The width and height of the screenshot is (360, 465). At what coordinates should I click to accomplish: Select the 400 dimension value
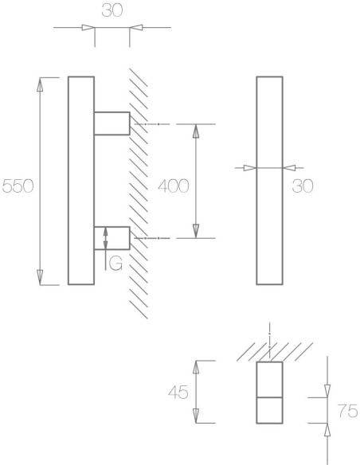(x=172, y=186)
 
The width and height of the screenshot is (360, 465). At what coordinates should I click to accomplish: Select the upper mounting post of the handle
(x=112, y=124)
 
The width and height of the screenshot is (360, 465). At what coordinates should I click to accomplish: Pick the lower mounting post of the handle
(x=112, y=237)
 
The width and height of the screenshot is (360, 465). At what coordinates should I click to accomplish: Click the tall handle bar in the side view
(x=81, y=181)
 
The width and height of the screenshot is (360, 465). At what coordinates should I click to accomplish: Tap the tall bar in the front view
(x=269, y=181)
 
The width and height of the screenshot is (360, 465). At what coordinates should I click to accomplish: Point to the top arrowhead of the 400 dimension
(x=196, y=131)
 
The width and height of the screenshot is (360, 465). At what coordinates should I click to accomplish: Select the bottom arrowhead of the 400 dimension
(x=196, y=231)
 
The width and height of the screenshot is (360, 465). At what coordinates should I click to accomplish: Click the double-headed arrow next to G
(x=105, y=237)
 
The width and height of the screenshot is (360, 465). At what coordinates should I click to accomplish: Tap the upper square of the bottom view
(x=270, y=379)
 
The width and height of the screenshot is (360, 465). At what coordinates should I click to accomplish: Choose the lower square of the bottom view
(x=270, y=410)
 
